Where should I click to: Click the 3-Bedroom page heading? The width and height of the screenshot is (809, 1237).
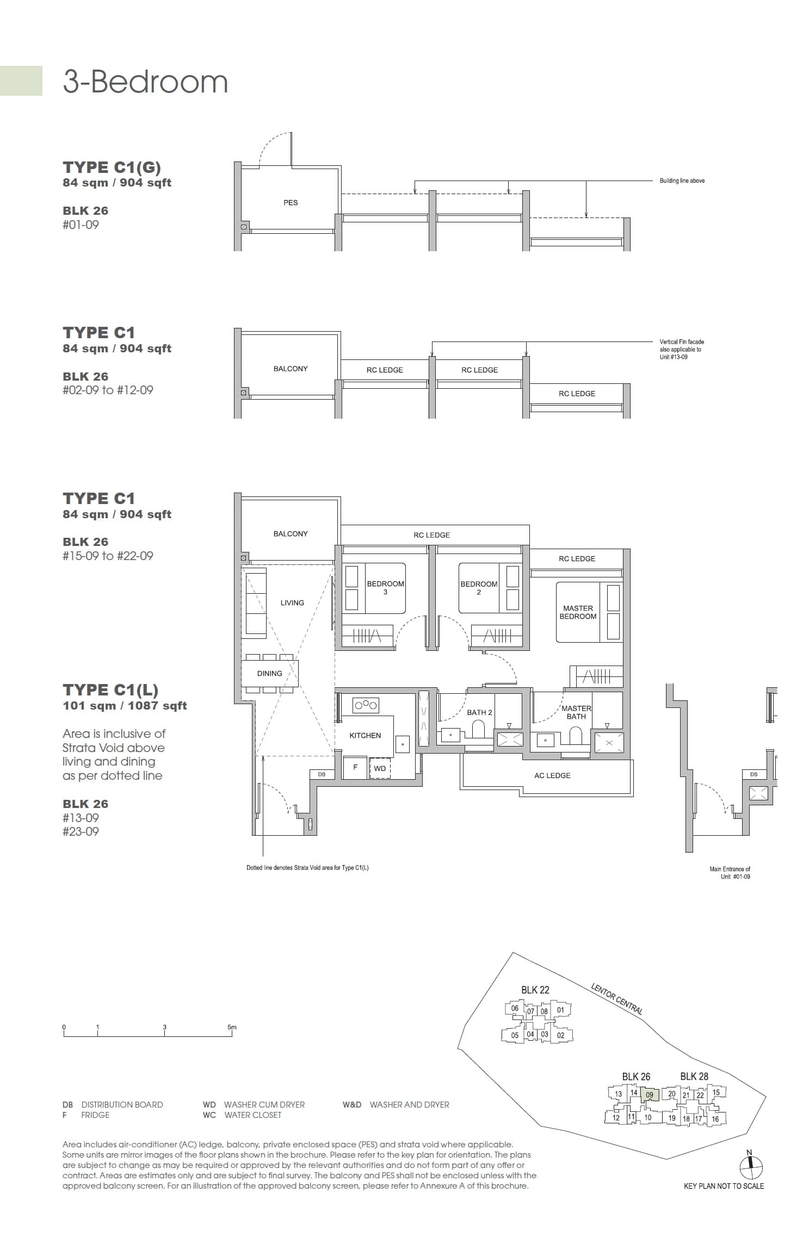[145, 82]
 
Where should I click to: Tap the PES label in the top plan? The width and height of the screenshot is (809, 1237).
[291, 203]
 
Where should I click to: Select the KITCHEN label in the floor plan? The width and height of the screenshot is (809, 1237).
[365, 736]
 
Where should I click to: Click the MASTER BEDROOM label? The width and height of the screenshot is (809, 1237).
[578, 612]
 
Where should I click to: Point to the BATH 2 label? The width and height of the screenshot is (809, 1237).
[479, 712]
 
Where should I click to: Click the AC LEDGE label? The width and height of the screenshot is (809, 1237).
[552, 775]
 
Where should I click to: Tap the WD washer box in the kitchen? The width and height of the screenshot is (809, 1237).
[380, 769]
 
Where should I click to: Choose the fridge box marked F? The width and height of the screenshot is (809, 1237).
[355, 767]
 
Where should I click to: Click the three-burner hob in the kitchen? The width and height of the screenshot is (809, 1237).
[366, 706]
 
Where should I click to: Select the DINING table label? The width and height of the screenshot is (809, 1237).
[269, 674]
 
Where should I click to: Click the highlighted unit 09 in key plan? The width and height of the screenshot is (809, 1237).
[650, 1095]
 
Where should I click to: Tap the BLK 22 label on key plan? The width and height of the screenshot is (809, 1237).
[535, 990]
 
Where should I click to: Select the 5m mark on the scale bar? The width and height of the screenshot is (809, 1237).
[232, 1028]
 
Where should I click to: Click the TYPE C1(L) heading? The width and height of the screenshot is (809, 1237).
[110, 690]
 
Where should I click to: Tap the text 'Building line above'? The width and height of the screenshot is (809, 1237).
[682, 181]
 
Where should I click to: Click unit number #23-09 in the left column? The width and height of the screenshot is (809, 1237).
[81, 831]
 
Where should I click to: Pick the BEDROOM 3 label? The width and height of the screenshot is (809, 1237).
[385, 588]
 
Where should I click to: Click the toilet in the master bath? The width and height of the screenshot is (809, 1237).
[576, 736]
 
